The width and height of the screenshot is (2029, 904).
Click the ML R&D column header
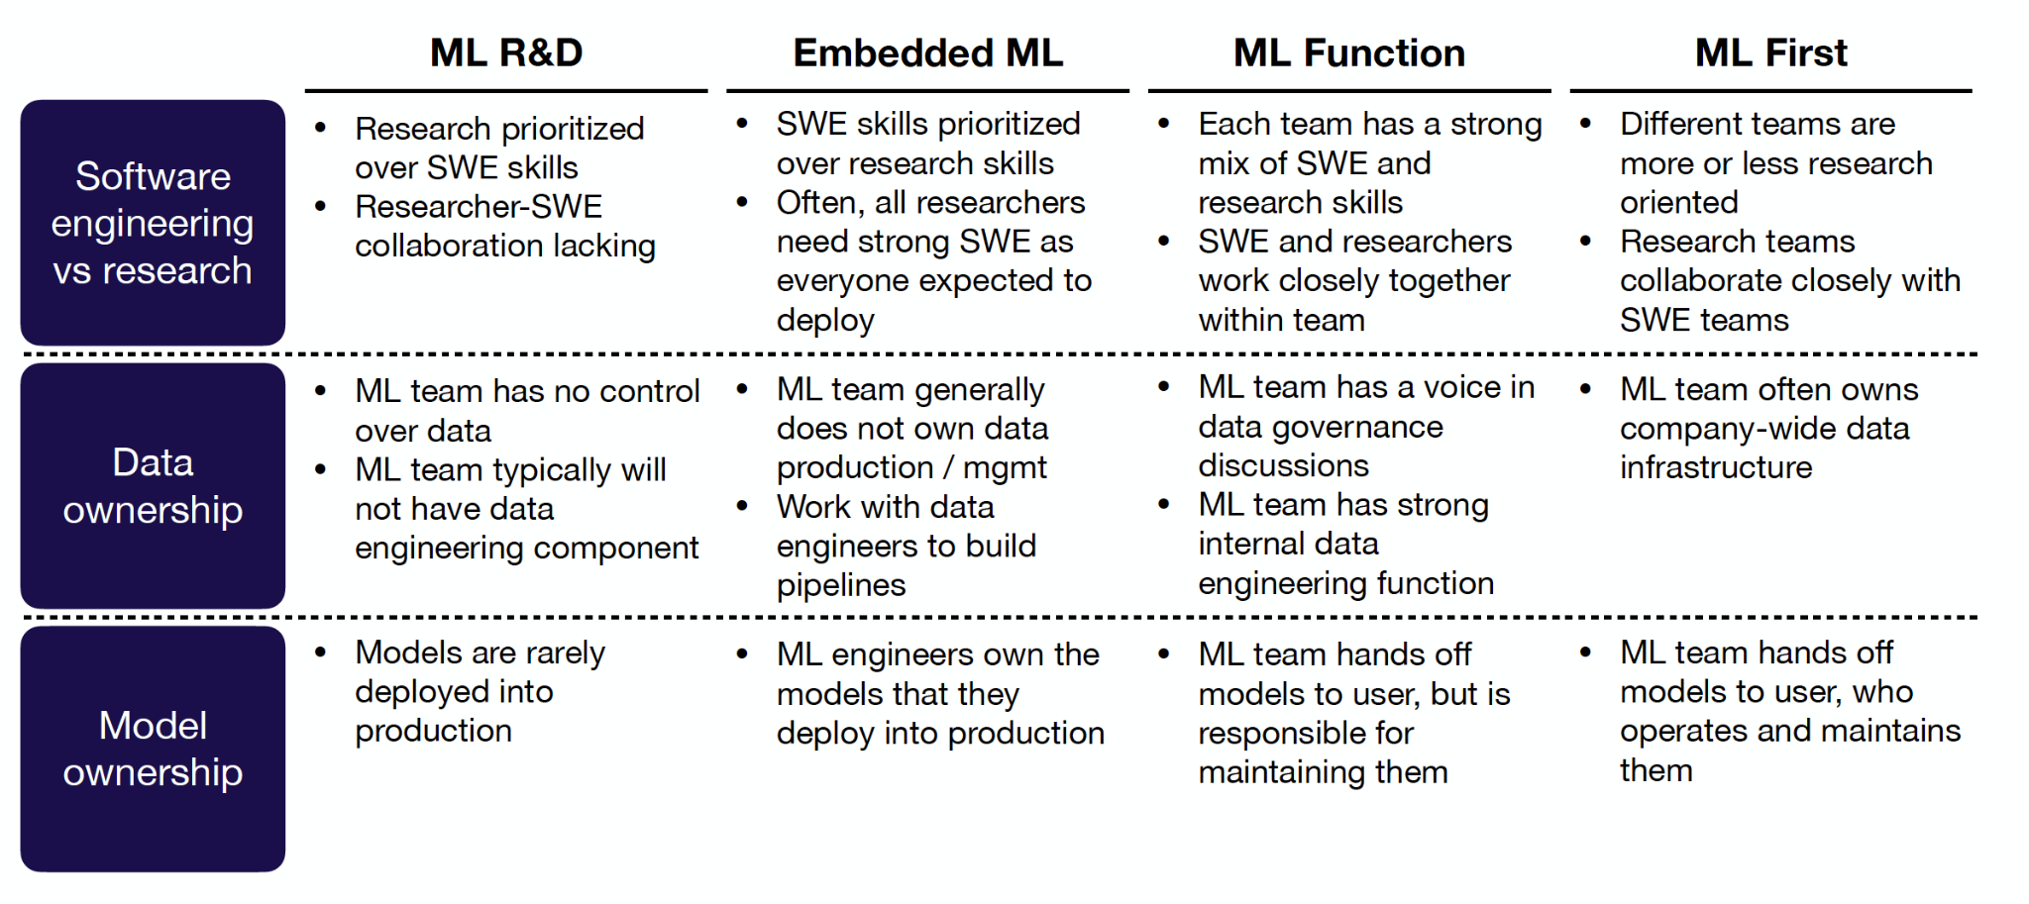(506, 52)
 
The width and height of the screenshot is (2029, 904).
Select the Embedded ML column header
(928, 52)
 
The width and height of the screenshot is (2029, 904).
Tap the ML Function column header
(1349, 52)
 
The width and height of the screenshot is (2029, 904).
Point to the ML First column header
(1771, 52)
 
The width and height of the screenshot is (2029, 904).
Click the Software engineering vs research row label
(153, 223)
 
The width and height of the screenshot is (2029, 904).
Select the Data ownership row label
(153, 486)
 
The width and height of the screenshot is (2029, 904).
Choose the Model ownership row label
(153, 749)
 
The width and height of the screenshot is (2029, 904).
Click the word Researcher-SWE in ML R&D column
(479, 206)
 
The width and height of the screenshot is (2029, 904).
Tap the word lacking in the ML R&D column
(604, 246)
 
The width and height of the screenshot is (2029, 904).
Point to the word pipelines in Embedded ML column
(841, 585)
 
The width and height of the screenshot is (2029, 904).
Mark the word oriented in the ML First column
(1679, 202)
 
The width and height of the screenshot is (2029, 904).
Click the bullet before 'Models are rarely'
(320, 652)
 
